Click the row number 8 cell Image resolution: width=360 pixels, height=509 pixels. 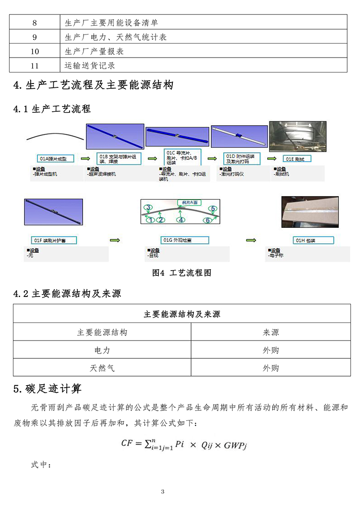pyautogui.click(x=34, y=23)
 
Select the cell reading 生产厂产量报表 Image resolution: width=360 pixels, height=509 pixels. pyautogui.click(x=94, y=51)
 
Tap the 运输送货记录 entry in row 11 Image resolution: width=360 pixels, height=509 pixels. pyautogui.click(x=90, y=66)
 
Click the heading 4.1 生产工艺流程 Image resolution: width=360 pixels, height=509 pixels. pyautogui.click(x=52, y=108)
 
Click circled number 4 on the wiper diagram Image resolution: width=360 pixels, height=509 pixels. pyautogui.click(x=181, y=220)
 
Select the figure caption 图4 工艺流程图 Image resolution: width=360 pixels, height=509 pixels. pyautogui.click(x=181, y=273)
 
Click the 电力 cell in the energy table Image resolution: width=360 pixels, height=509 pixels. pyautogui.click(x=102, y=350)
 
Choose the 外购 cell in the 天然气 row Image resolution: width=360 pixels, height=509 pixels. pyautogui.click(x=271, y=368)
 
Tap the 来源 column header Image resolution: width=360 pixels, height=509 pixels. pyautogui.click(x=271, y=332)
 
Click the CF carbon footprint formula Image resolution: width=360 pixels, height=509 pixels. pyautogui.click(x=184, y=445)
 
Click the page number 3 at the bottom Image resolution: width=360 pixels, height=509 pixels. pyautogui.click(x=163, y=491)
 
